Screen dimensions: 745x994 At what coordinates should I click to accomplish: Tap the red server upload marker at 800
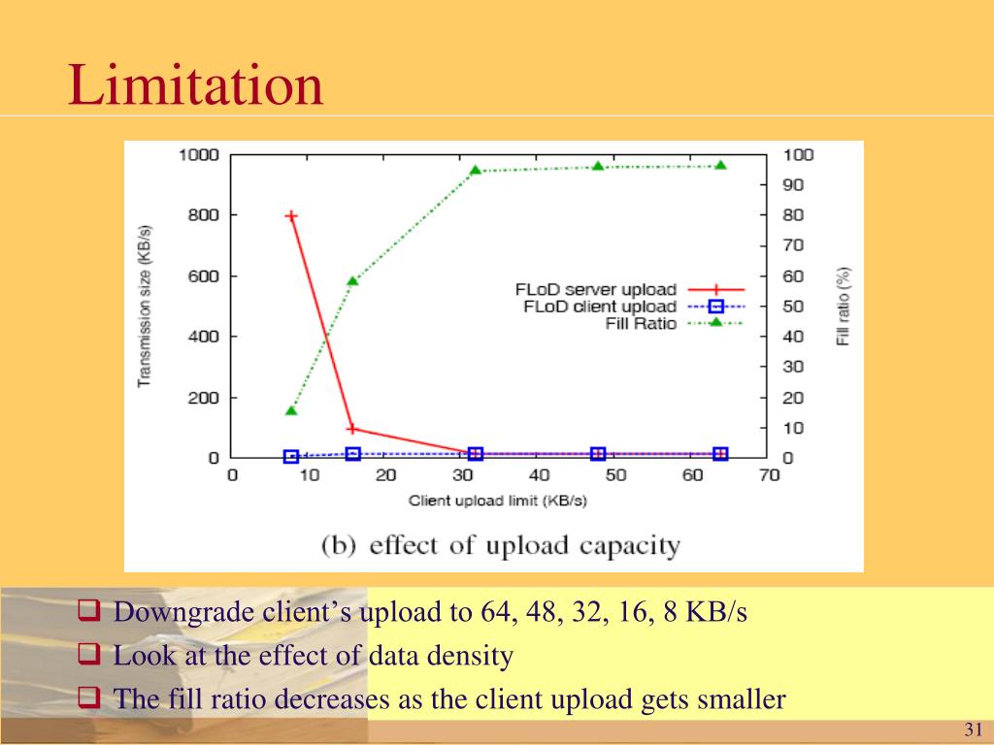291,215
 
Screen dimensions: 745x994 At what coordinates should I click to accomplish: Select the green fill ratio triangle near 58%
352,281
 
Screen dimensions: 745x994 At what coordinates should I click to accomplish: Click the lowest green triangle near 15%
291,410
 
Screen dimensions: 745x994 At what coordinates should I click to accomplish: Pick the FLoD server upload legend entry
595,289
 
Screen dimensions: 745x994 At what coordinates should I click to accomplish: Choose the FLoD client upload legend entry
599,307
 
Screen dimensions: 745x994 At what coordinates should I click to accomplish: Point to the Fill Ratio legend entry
641,323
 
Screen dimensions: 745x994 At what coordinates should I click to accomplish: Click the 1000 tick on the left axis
198,155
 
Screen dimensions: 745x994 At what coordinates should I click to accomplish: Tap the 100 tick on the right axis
799,155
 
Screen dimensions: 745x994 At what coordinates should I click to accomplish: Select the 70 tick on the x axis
770,475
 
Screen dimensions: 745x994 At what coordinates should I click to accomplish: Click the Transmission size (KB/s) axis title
145,306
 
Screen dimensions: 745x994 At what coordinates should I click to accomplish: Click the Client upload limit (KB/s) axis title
498,502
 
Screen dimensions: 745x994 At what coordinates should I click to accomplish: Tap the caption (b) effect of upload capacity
500,544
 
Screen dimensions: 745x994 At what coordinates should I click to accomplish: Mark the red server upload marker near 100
352,428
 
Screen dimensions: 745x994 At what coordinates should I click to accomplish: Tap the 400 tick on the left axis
203,337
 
